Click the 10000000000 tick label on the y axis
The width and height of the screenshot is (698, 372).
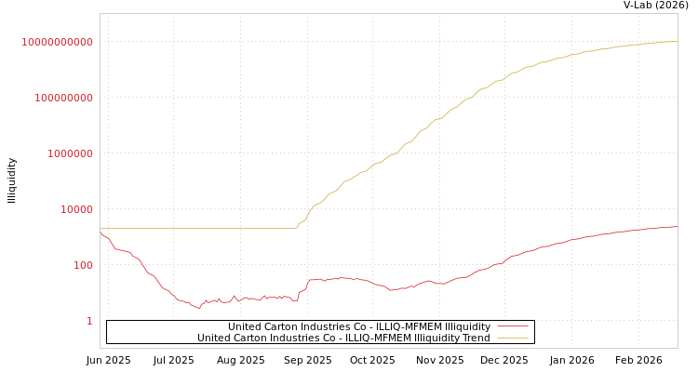(x=58, y=42)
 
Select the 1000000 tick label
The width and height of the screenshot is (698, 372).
(x=70, y=153)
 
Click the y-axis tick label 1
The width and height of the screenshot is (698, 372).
(x=89, y=321)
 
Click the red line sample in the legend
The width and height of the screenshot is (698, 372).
(x=512, y=327)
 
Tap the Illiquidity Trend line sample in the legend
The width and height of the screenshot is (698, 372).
(x=512, y=339)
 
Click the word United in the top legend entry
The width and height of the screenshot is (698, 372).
(x=244, y=327)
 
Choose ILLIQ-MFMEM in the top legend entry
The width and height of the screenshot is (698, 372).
(x=392, y=327)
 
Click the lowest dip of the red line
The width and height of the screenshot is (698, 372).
(x=199, y=307)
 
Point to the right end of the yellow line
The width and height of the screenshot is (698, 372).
(x=677, y=41)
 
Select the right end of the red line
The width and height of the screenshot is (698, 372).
(x=677, y=226)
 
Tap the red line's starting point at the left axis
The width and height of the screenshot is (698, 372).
(x=101, y=232)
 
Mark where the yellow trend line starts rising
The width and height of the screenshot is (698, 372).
(x=296, y=228)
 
